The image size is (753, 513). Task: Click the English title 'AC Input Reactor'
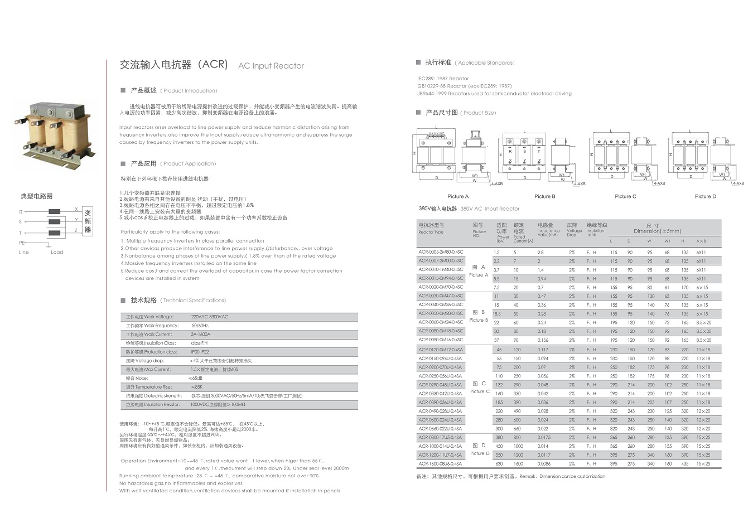pos(271,66)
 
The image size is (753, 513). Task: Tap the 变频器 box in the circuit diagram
pos(88,221)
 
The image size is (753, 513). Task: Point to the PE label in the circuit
pos(22,243)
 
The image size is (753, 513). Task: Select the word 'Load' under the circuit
pos(57,252)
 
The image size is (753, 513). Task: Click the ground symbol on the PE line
pos(49,245)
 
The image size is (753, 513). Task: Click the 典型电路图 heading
pos(37,196)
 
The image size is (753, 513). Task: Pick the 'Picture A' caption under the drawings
pos(458,196)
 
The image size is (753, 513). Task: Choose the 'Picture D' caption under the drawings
pos(705,196)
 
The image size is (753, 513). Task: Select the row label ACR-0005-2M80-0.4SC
pos(441,252)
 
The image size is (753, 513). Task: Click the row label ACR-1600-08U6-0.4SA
pos(440,463)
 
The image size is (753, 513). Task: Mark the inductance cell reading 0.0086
pos(544,464)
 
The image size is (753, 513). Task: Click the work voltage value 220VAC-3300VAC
pos(210,317)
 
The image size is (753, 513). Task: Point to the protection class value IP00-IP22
pos(200,352)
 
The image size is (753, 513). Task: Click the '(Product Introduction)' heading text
pos(189,91)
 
